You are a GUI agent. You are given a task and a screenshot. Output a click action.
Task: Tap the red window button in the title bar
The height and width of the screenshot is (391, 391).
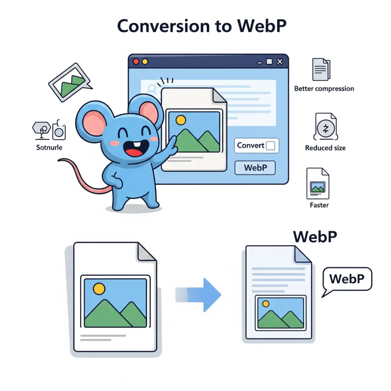coord(136,61)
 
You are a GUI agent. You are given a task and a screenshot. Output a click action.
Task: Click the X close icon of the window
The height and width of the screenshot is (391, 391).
coord(280,61)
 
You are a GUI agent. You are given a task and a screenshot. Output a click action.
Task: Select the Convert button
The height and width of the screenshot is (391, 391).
coord(256,145)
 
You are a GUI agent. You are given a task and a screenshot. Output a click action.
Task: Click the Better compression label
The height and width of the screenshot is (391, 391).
coord(324,89)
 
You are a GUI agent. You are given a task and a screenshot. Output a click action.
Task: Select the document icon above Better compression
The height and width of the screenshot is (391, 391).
coord(321,69)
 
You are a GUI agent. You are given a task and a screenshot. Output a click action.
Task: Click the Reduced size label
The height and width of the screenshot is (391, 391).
coord(325,148)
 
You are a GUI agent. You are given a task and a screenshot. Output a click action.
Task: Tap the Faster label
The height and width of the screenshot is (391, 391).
coord(319,205)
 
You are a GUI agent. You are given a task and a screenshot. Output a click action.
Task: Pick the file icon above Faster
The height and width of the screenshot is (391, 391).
coord(318,184)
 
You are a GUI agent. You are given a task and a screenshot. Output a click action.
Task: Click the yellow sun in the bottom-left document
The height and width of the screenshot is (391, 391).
coord(99,289)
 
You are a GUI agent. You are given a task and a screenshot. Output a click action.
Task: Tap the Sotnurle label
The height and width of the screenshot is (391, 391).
coord(49,147)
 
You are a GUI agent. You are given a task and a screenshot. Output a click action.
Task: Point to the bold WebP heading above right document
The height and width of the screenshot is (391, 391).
coord(315,237)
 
